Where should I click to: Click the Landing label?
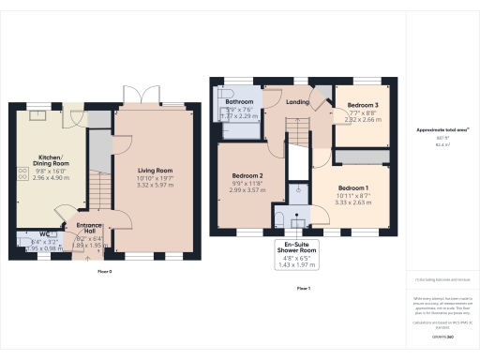[x=298, y=102]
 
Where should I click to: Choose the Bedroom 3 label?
[x=363, y=104]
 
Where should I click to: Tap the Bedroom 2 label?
[x=247, y=176]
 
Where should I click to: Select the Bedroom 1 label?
[x=353, y=188]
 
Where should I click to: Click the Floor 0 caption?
[x=104, y=271]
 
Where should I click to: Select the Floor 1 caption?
[x=303, y=288]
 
